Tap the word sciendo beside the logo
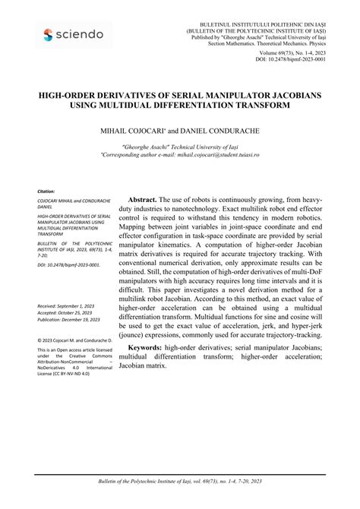[81, 34]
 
